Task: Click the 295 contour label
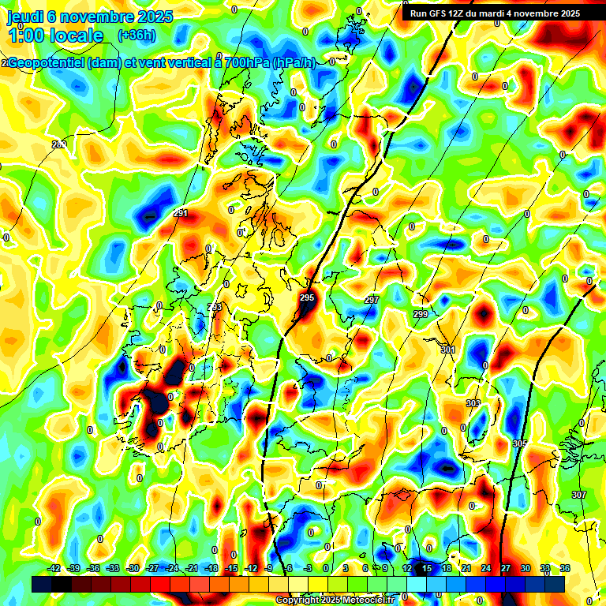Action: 307,297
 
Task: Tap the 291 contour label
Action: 181,213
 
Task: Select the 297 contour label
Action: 372,300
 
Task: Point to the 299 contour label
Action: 421,314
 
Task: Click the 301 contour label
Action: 448,350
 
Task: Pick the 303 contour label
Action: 473,403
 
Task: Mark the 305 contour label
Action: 519,444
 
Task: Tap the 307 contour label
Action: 579,495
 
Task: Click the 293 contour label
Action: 215,307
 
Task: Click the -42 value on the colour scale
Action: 54,568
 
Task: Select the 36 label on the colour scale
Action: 565,568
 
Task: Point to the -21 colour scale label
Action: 192,568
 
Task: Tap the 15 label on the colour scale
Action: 427,568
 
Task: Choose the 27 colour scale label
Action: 506,568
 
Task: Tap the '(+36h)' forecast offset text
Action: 137,35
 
